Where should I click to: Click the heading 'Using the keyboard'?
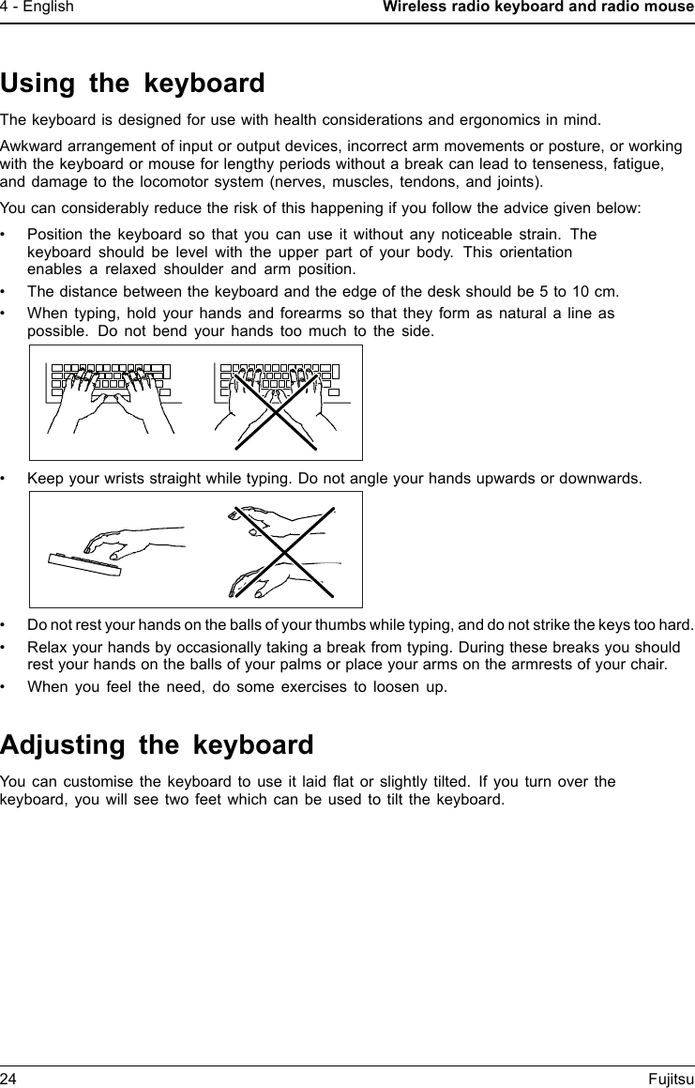pyautogui.click(x=132, y=84)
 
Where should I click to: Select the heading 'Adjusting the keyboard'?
pyautogui.click(x=157, y=745)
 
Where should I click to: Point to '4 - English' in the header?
pyautogui.click(x=38, y=8)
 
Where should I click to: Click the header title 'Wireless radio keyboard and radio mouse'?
pyautogui.click(x=537, y=8)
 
